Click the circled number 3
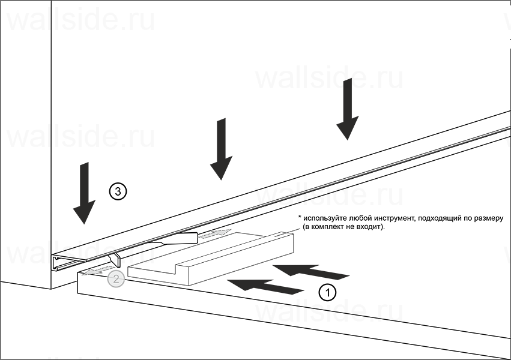118,191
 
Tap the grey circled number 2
116,279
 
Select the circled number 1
327,292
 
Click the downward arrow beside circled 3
84,193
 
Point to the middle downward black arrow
222,149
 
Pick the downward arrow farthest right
348,109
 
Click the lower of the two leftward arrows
265,286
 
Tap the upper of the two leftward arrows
311,272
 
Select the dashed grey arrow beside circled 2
97,271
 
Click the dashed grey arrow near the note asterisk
215,234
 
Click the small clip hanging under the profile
115,260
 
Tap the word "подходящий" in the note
440,218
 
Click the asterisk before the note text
300,217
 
